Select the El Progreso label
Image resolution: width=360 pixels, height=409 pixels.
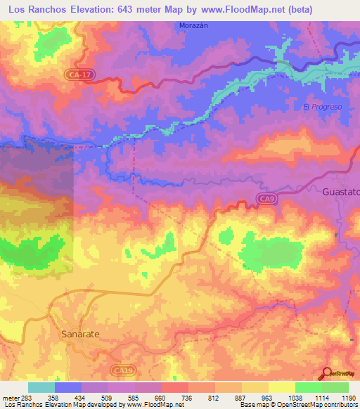tap(322, 107)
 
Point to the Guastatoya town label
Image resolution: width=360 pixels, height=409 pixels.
tap(340, 191)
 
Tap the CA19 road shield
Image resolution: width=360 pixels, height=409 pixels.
tap(122, 368)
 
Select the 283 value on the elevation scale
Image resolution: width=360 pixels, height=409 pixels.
tap(20, 398)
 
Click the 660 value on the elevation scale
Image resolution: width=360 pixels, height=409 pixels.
tap(160, 398)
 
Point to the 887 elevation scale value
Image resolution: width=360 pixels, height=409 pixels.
tap(241, 398)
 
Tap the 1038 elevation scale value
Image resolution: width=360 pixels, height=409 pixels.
tap(295, 398)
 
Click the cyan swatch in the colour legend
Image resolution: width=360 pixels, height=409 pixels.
tap(41, 387)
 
